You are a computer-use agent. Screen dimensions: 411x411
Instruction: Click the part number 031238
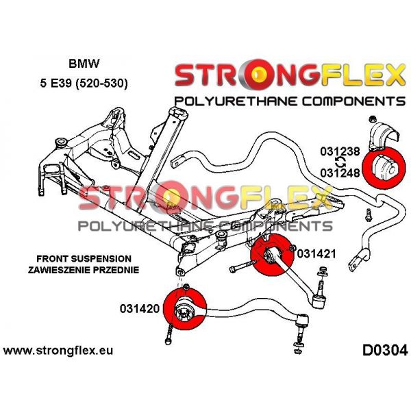point(340,152)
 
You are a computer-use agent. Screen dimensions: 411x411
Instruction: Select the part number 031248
point(340,173)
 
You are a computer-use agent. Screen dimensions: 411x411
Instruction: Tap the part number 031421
point(316,253)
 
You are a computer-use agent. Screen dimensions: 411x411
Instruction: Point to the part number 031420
point(140,308)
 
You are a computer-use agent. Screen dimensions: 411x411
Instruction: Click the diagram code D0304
point(385,350)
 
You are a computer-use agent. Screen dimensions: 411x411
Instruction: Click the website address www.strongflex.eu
point(58,351)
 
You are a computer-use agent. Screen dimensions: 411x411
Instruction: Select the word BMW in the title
point(84,64)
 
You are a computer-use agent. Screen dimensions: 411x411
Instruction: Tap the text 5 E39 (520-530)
point(84,84)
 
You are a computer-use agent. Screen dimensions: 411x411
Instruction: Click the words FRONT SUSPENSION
point(84,259)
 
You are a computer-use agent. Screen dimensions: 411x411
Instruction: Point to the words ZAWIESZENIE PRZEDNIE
point(84,270)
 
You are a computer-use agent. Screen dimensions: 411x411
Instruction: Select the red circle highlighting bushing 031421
point(272,255)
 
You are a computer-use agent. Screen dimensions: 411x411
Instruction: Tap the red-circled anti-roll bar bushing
point(384,167)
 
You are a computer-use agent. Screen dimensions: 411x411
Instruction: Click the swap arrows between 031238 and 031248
point(340,162)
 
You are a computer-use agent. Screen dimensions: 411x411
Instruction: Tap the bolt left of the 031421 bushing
point(241,266)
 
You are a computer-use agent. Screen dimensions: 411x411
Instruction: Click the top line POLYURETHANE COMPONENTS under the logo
point(290,101)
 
